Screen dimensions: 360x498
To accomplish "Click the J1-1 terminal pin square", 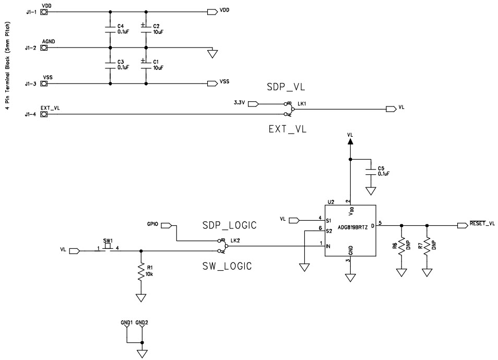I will pos(44,11).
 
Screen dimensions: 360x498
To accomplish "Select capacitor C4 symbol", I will pos(110,29).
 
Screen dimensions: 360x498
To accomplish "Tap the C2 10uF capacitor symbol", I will pos(145,29).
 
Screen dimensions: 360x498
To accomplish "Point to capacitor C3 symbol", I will pos(110,65).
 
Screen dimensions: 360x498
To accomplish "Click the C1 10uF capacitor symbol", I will pos(145,65).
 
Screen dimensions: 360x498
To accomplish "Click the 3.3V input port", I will pos(253,103).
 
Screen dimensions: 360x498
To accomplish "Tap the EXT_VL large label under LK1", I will pos(288,128).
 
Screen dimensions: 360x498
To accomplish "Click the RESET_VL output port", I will pos(462,225).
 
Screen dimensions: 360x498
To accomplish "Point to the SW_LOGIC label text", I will pos(227,266).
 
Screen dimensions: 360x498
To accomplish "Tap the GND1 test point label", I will pos(126,323).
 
